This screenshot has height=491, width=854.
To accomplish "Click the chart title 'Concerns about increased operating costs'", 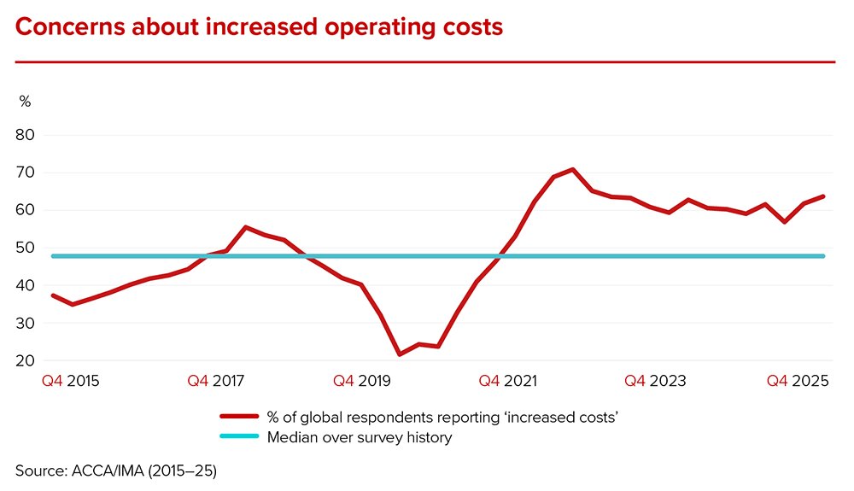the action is pyautogui.click(x=259, y=27).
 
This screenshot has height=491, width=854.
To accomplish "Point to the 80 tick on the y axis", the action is pyautogui.click(x=25, y=134).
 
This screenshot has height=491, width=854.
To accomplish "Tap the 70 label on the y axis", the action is pyautogui.click(x=25, y=172).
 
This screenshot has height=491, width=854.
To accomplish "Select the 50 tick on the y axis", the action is pyautogui.click(x=25, y=248).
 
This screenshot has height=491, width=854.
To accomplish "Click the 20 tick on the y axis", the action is pyautogui.click(x=25, y=360).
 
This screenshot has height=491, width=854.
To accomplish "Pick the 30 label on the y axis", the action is pyautogui.click(x=25, y=323).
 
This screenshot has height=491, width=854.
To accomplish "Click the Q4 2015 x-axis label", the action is pyautogui.click(x=71, y=381).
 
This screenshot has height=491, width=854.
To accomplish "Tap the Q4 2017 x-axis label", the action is pyautogui.click(x=216, y=381).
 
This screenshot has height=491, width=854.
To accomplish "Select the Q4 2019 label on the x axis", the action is pyautogui.click(x=361, y=381).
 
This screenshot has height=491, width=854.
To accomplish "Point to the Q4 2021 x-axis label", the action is pyautogui.click(x=507, y=381).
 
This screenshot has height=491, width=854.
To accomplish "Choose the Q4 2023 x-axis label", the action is pyautogui.click(x=655, y=381).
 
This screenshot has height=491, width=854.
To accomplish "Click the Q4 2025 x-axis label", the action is pyautogui.click(x=798, y=381).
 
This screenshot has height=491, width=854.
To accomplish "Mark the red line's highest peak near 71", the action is pyautogui.click(x=572, y=169).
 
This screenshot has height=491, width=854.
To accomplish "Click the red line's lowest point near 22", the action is pyautogui.click(x=400, y=354).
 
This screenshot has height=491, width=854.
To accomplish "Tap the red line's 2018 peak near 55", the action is pyautogui.click(x=245, y=227).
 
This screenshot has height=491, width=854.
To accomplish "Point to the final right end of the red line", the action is pyautogui.click(x=823, y=196).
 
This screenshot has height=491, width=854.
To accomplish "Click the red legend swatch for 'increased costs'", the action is pyautogui.click(x=239, y=417).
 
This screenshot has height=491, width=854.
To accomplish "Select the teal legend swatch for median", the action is pyautogui.click(x=239, y=436).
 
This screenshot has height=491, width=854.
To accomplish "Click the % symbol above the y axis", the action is pyautogui.click(x=25, y=102).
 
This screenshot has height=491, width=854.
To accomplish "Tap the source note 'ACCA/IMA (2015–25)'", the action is pyautogui.click(x=143, y=471).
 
